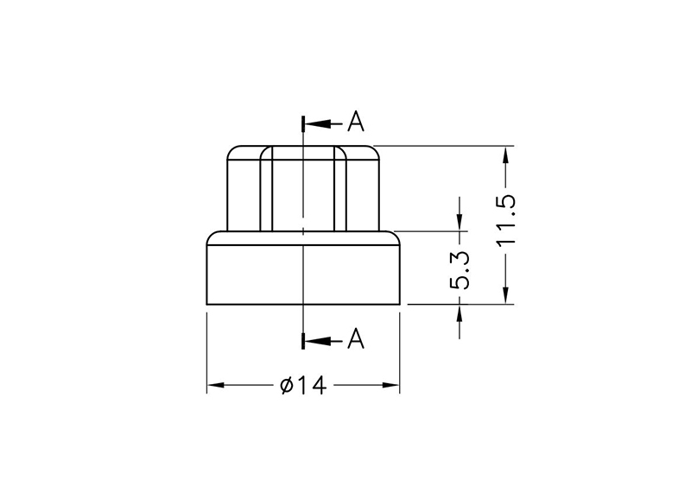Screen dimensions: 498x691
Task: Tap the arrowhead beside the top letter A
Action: (x=313, y=123)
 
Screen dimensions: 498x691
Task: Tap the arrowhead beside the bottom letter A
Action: (x=313, y=341)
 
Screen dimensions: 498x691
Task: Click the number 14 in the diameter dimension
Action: (x=314, y=386)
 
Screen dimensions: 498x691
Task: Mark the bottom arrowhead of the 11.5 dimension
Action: (x=506, y=296)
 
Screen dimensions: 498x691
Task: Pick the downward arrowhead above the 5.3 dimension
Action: (x=460, y=223)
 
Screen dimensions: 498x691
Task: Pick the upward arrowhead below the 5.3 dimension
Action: (x=460, y=312)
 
